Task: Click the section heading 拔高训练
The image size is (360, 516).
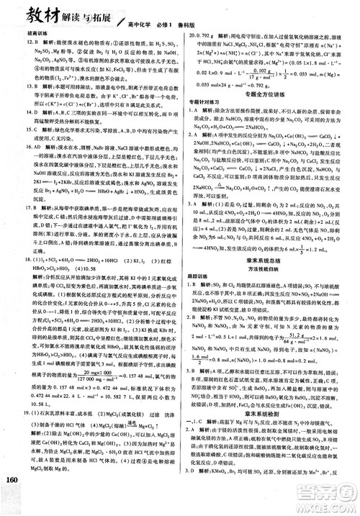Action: click(17, 34)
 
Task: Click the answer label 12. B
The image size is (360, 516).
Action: click(15, 42)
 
